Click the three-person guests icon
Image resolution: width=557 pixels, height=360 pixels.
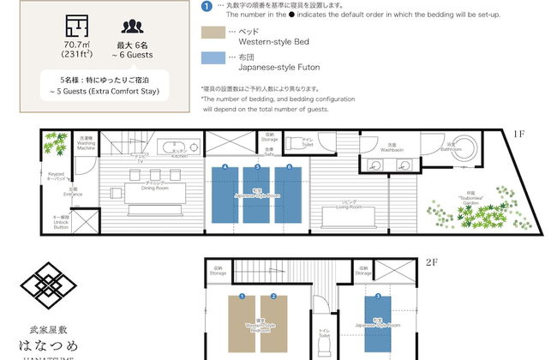coord(132,27)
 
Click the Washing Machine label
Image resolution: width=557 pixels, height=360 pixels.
coord(86,142)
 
